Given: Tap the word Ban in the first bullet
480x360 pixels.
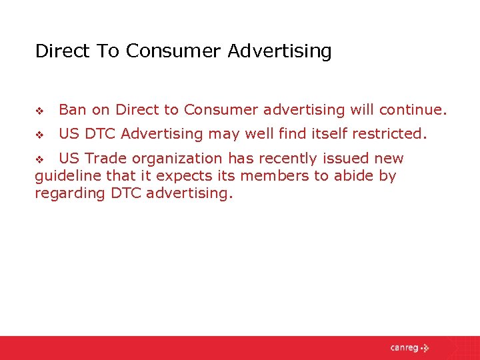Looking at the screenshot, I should click(72, 109).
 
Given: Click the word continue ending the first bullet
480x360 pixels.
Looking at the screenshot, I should click(413, 109).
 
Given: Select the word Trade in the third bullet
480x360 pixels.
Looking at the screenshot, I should click(107, 159).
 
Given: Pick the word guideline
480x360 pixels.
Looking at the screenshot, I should click(67, 176).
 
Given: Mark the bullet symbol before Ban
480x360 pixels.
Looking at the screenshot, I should click(39, 110).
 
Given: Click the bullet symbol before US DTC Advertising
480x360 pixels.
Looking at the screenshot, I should click(39, 135).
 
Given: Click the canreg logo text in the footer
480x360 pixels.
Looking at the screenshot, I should click(404, 348).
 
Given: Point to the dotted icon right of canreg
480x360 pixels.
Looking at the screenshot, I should click(425, 348).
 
